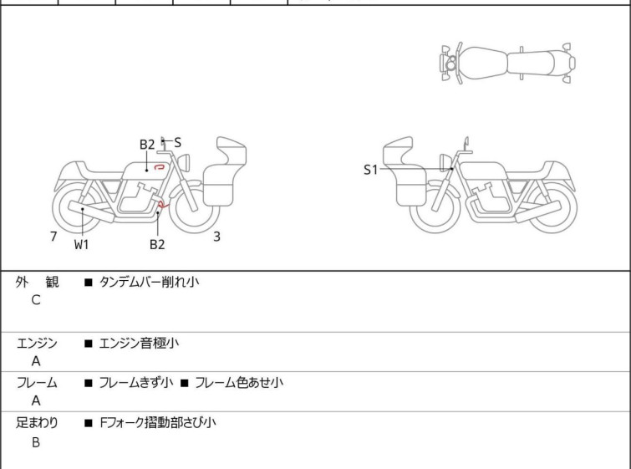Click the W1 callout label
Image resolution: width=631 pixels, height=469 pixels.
pos(81,244)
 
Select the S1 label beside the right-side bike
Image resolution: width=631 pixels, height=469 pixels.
pos(370,170)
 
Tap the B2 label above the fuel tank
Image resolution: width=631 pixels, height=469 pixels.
pos(147,145)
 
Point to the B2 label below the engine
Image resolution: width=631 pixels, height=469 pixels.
pos(157,244)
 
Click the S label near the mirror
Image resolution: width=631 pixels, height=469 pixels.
pos(177,142)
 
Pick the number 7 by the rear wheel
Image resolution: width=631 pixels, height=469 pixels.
pos(53,237)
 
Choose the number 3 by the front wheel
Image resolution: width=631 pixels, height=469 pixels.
pos(216,237)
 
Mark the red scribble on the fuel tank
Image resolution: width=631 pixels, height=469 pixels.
pos(160,166)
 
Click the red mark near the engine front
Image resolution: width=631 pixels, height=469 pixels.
pos(163,205)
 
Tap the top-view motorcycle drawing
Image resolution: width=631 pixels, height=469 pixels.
pos(507,64)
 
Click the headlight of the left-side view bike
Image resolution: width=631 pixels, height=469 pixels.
pos(184,162)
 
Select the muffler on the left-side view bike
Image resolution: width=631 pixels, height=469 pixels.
pos(91,212)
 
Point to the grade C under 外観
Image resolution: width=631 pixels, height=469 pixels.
pos(36,300)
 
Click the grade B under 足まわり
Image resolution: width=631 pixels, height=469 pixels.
pos(36,442)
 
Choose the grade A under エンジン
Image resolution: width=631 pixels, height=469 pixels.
pos(36,361)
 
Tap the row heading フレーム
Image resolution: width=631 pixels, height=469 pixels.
pos(37,382)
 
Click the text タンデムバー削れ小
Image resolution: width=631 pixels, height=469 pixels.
pos(149,282)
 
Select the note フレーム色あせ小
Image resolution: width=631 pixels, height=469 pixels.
pos(239,382)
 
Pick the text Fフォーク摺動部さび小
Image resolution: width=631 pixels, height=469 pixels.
pos(157,423)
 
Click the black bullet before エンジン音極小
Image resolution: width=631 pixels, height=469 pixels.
pos(88,344)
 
